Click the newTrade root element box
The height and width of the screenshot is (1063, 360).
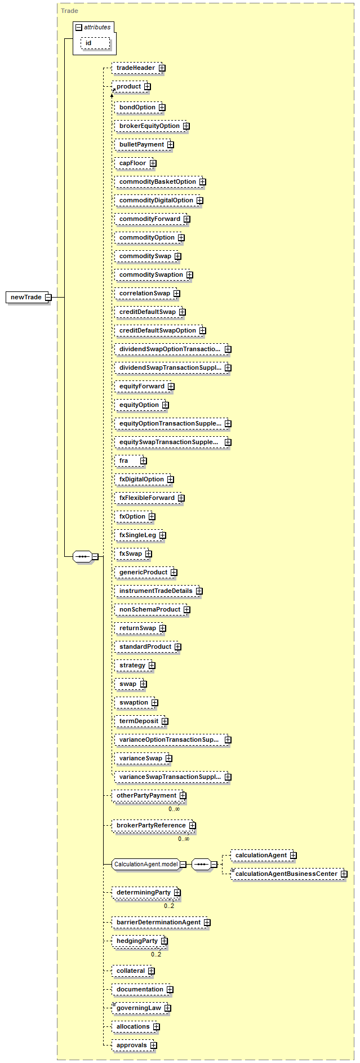click(28, 297)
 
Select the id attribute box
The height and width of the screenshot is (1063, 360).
click(95, 43)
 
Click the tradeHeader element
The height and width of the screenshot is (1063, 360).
click(138, 68)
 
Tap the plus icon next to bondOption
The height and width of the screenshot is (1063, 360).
click(162, 107)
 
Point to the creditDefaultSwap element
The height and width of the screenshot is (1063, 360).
click(150, 312)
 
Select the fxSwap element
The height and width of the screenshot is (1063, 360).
click(133, 553)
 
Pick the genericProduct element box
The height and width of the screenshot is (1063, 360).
click(146, 572)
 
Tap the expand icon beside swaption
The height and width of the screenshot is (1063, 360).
click(154, 703)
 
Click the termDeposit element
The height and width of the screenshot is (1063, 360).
click(141, 721)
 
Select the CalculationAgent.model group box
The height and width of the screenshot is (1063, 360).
click(146, 864)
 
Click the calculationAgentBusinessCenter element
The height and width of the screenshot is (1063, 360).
click(289, 874)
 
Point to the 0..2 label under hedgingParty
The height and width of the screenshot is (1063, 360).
click(156, 954)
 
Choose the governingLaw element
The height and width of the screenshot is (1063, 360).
click(141, 1008)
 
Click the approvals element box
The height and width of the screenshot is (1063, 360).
click(134, 1045)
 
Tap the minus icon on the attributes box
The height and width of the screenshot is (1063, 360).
click(79, 27)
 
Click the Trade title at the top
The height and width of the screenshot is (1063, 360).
click(69, 11)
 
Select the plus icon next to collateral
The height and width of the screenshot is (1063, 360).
click(152, 971)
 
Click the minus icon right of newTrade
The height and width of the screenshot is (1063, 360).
click(48, 297)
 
